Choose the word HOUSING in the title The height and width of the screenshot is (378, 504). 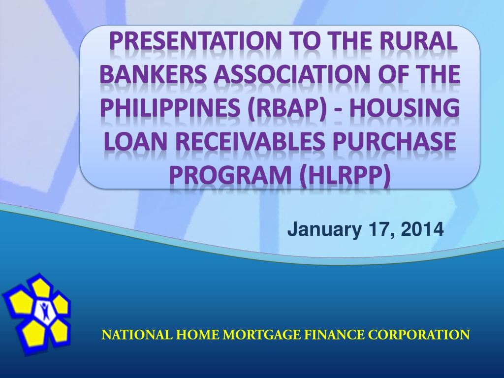coord(405,108)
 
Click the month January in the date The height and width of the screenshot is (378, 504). coord(324,230)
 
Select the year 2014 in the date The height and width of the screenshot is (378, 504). coord(422,229)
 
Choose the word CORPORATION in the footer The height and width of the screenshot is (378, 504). coord(419,335)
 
